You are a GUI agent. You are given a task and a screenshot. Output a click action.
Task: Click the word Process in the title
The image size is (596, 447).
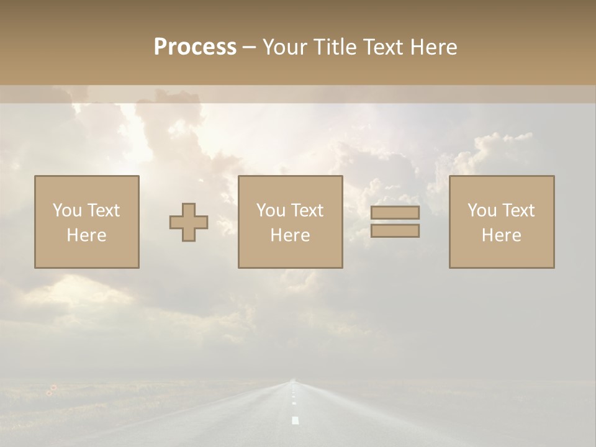(195, 47)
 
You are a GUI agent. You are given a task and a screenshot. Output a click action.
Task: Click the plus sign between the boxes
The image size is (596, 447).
(189, 222)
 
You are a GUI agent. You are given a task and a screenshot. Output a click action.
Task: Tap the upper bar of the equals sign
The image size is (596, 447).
(395, 212)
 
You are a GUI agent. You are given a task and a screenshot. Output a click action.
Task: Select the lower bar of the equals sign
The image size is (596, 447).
(395, 231)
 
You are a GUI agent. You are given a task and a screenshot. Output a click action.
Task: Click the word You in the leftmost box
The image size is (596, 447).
(66, 210)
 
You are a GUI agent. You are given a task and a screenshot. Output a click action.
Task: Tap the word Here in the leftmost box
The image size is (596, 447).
(86, 235)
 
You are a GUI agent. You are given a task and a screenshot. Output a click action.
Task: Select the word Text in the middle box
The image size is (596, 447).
(307, 210)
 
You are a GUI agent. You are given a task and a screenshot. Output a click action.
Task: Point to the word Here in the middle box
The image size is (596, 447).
(290, 235)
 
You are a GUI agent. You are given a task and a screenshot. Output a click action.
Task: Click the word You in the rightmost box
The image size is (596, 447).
(481, 210)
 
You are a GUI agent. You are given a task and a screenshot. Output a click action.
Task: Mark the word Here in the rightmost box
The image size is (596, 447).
(501, 235)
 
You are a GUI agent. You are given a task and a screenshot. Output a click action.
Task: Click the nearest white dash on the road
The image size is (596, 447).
(295, 420)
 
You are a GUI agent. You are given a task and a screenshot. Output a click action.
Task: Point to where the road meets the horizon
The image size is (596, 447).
(292, 381)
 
